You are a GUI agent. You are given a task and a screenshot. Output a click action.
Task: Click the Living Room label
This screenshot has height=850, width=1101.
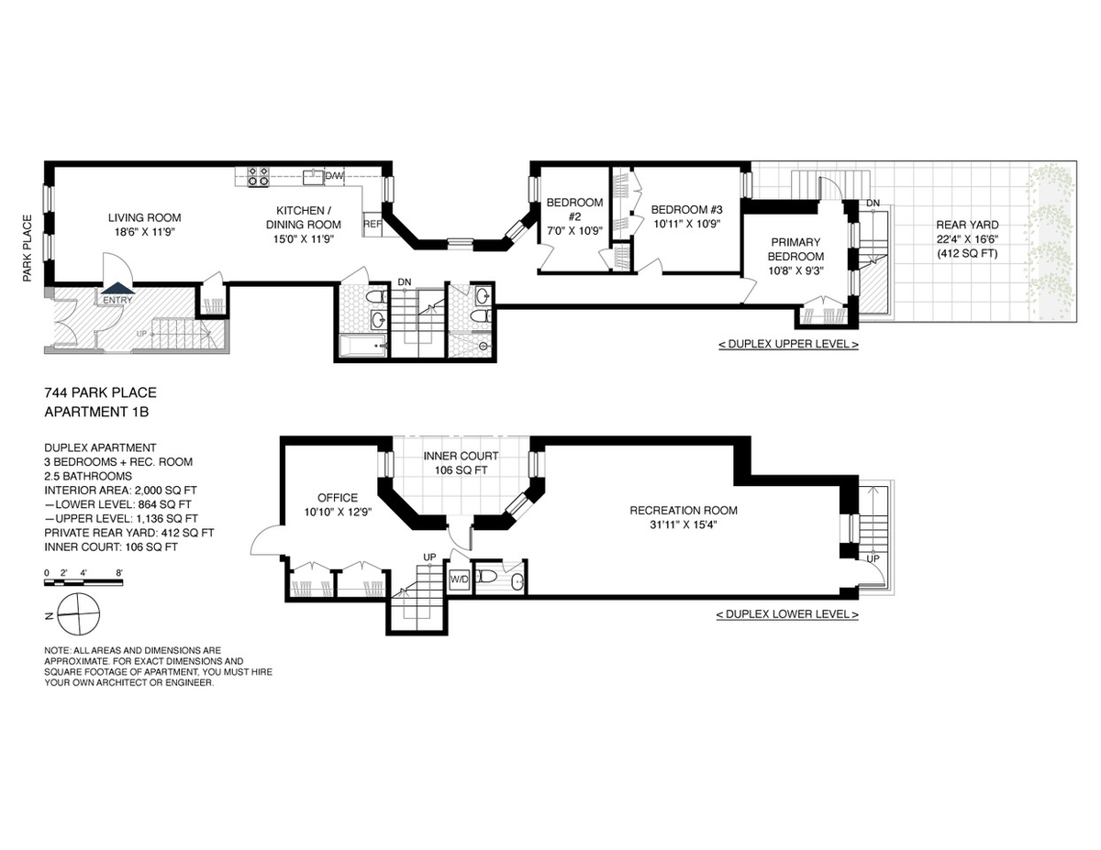click(144, 217)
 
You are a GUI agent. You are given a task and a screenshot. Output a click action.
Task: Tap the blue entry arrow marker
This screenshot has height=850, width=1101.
click(117, 288)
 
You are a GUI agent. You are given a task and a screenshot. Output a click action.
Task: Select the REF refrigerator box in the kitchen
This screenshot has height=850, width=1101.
click(373, 224)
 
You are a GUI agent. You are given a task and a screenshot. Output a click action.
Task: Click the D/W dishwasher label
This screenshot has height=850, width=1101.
click(334, 176)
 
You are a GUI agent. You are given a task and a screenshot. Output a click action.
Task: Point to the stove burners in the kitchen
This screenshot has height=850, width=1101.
click(258, 176)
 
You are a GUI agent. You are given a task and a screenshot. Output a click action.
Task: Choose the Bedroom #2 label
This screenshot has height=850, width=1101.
click(574, 210)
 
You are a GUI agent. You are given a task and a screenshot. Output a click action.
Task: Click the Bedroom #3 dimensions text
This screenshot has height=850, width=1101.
click(686, 224)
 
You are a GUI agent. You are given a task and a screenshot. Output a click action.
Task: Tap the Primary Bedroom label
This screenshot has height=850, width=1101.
click(795, 249)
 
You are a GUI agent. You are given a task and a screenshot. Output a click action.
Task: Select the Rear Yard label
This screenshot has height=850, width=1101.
click(967, 225)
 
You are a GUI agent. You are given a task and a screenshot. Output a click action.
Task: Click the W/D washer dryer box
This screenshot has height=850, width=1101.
click(460, 580)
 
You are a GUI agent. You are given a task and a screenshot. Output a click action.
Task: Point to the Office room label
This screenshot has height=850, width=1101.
click(338, 498)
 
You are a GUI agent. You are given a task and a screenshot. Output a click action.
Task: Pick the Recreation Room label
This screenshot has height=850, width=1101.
click(684, 511)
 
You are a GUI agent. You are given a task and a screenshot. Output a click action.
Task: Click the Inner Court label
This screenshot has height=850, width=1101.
click(462, 456)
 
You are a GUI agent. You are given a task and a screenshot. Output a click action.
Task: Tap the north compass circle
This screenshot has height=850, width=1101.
click(79, 614)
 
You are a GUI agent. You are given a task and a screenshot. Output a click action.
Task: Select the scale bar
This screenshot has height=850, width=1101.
click(83, 582)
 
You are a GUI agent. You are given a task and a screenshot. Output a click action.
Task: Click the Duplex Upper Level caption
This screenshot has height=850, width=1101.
click(788, 344)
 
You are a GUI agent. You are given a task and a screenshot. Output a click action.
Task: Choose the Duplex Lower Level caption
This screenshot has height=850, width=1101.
click(787, 614)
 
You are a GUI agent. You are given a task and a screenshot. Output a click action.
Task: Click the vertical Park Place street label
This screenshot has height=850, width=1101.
click(28, 248)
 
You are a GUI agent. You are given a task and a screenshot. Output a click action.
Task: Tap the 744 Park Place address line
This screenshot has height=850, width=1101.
click(100, 392)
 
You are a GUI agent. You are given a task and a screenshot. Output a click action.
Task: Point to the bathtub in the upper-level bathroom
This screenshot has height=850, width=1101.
click(362, 346)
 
